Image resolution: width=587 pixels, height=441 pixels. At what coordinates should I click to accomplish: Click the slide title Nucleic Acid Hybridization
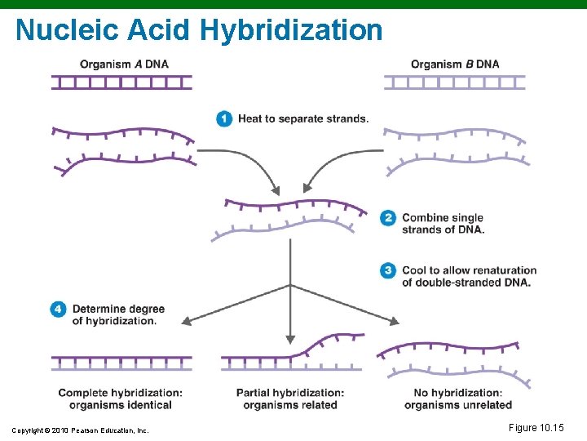pyautogui.click(x=199, y=30)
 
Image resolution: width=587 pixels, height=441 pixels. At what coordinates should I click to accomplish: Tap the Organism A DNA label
pyautogui.click(x=125, y=65)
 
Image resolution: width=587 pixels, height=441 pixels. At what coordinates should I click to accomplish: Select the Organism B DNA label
pyautogui.click(x=455, y=65)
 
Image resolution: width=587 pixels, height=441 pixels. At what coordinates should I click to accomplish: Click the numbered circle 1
pyautogui.click(x=224, y=119)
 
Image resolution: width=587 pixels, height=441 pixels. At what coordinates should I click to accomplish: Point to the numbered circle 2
pyautogui.click(x=388, y=218)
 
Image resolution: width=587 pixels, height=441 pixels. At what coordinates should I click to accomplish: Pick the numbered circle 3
pyautogui.click(x=388, y=270)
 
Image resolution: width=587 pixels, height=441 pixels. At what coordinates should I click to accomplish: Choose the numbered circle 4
pyautogui.click(x=58, y=310)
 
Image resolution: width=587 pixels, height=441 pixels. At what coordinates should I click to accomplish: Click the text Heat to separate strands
pyautogui.click(x=302, y=119)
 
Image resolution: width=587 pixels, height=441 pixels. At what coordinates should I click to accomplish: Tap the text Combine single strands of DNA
pyautogui.click(x=443, y=223)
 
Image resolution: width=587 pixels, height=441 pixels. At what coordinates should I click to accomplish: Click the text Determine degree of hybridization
pyautogui.click(x=118, y=314)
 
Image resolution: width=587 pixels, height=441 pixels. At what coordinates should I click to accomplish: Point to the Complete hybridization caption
pyautogui.click(x=120, y=399)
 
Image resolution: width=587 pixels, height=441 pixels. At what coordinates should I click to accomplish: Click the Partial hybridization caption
pyautogui.click(x=290, y=399)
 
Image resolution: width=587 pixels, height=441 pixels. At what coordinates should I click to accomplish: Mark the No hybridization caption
pyautogui.click(x=458, y=399)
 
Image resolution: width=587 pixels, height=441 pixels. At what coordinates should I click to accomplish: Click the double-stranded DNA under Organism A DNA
pyautogui.click(x=122, y=82)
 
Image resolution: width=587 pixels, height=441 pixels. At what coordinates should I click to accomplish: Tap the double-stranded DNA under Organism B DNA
pyautogui.click(x=455, y=82)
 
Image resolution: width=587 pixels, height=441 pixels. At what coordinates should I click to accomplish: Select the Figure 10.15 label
pyautogui.click(x=536, y=428)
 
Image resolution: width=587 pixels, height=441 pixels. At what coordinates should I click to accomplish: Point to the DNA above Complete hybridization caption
pyautogui.click(x=122, y=363)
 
